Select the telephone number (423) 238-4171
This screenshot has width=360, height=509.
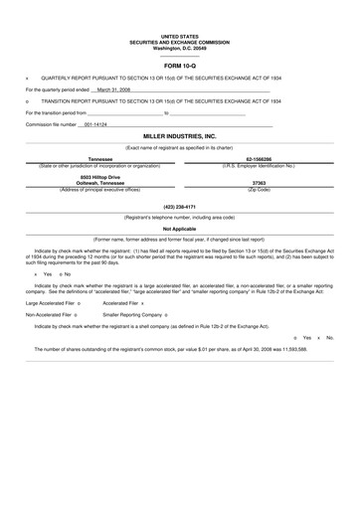tap(180, 206)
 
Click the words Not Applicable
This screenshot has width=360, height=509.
tap(180, 229)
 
